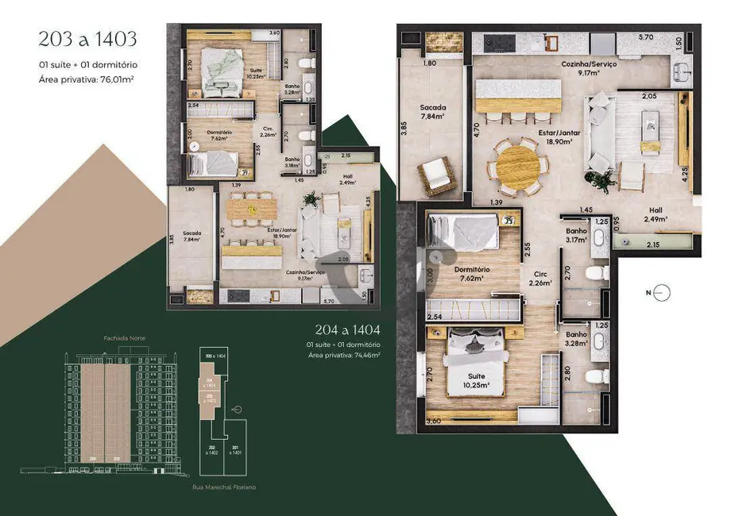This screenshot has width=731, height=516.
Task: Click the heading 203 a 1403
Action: tap(87, 39)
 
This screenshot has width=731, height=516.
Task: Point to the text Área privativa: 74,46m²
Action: tap(343, 356)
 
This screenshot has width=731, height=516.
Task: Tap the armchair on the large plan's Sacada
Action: tap(436, 175)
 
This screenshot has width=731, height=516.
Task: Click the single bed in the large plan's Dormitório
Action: tap(462, 232)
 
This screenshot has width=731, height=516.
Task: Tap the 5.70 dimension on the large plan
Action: tap(646, 37)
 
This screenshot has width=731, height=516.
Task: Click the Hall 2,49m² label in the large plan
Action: tap(655, 214)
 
